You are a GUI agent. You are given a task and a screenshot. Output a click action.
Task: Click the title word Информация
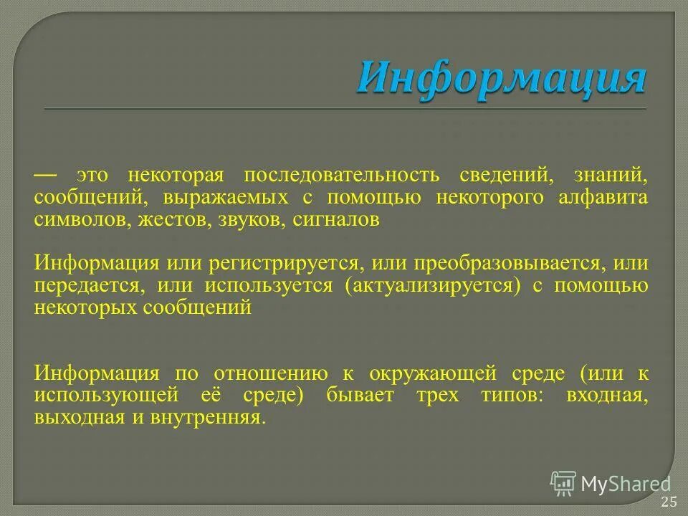tap(501, 77)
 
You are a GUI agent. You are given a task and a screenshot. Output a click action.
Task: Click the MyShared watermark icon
tap(563, 483)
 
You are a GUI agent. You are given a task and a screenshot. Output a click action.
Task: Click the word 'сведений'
tap(512, 176)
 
